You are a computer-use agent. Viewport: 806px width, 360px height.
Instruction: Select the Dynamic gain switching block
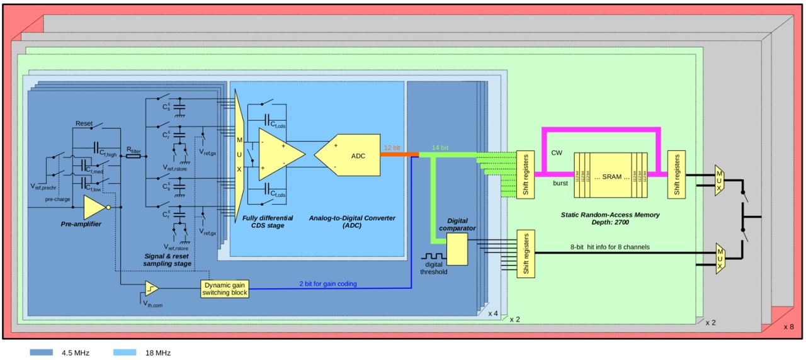coord(225,289)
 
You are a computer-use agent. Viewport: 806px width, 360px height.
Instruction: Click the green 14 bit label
coord(441,147)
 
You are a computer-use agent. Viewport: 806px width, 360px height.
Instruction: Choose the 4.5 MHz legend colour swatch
coord(41,353)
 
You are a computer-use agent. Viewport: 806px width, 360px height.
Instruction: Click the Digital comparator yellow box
coord(457,249)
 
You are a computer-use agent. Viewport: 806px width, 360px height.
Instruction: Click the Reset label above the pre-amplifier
coord(84,123)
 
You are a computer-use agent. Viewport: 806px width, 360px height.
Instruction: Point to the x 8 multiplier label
coord(788,327)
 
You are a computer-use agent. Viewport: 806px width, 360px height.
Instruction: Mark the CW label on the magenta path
coord(557,152)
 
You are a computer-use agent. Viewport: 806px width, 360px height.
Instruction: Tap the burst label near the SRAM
coord(560,183)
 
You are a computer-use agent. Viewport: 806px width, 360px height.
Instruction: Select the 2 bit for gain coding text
coord(327,284)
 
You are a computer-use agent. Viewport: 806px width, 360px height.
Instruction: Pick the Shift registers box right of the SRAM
coord(676,174)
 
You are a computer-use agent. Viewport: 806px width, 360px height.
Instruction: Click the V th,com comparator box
coord(151,289)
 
